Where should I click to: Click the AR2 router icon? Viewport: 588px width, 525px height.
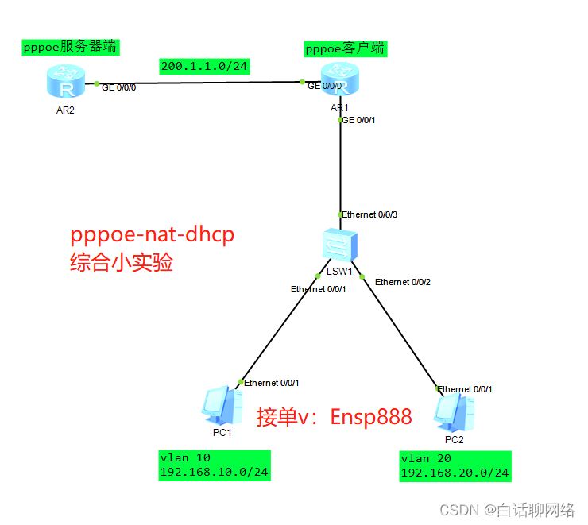point(65,83)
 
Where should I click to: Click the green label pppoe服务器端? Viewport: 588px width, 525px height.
point(70,47)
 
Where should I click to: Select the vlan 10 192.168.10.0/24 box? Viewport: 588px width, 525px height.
point(214,465)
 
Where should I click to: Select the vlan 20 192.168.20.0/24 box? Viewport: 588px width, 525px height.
point(455,465)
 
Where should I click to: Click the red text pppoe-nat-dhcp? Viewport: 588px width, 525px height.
point(153,235)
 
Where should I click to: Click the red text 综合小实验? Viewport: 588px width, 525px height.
point(122,263)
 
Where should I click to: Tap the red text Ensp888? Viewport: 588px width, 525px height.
point(372,416)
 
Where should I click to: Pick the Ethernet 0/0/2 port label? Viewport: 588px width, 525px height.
point(404,282)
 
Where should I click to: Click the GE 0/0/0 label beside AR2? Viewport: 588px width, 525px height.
point(119,87)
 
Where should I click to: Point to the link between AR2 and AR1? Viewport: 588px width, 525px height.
point(199,82)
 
